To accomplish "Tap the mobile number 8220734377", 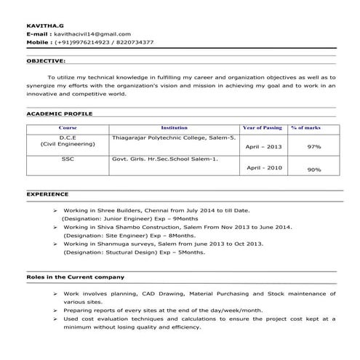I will pyautogui.click(x=135, y=42).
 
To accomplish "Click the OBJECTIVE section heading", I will pyautogui.click(x=46, y=61).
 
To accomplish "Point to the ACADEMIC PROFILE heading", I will pyautogui.click(x=58, y=114).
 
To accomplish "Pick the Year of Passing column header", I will pyautogui.click(x=263, y=127).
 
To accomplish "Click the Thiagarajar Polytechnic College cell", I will pyautogui.click(x=174, y=137).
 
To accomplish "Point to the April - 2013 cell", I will pyautogui.click(x=263, y=147).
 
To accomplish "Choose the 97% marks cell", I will pyautogui.click(x=314, y=147).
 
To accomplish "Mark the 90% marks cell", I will pyautogui.click(x=314, y=169).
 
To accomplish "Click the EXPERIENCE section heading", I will pyautogui.click(x=48, y=195).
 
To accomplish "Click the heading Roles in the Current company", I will pyautogui.click(x=76, y=277).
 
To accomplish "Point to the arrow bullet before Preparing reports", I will pyautogui.click(x=56, y=310).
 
